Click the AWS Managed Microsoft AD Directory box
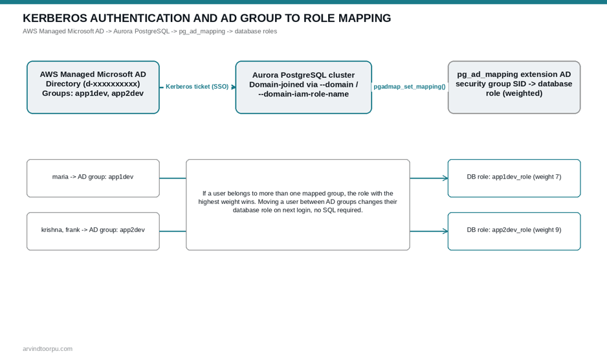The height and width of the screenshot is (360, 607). click(93, 87)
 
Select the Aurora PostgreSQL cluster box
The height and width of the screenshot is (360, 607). click(303, 87)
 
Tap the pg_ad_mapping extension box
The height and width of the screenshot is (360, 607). click(514, 87)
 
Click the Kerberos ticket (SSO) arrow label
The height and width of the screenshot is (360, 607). click(197, 86)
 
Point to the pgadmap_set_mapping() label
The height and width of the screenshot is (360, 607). click(410, 86)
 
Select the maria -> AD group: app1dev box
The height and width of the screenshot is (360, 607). click(93, 178)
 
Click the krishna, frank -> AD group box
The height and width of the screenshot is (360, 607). click(93, 231)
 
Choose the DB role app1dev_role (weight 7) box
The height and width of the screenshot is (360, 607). click(514, 178)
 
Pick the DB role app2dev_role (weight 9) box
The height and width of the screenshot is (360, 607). click(514, 231)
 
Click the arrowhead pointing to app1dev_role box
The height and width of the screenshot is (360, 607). click(446, 178)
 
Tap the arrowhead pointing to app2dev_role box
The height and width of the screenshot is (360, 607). click(446, 231)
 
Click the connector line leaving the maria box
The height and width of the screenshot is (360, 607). click(173, 178)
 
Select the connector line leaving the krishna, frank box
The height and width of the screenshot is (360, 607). click(173, 231)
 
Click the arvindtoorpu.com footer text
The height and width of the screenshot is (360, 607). click(48, 349)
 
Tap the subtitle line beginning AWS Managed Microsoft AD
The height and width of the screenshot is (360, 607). click(150, 31)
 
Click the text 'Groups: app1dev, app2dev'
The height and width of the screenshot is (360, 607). click(93, 93)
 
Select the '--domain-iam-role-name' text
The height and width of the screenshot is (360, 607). click(303, 94)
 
